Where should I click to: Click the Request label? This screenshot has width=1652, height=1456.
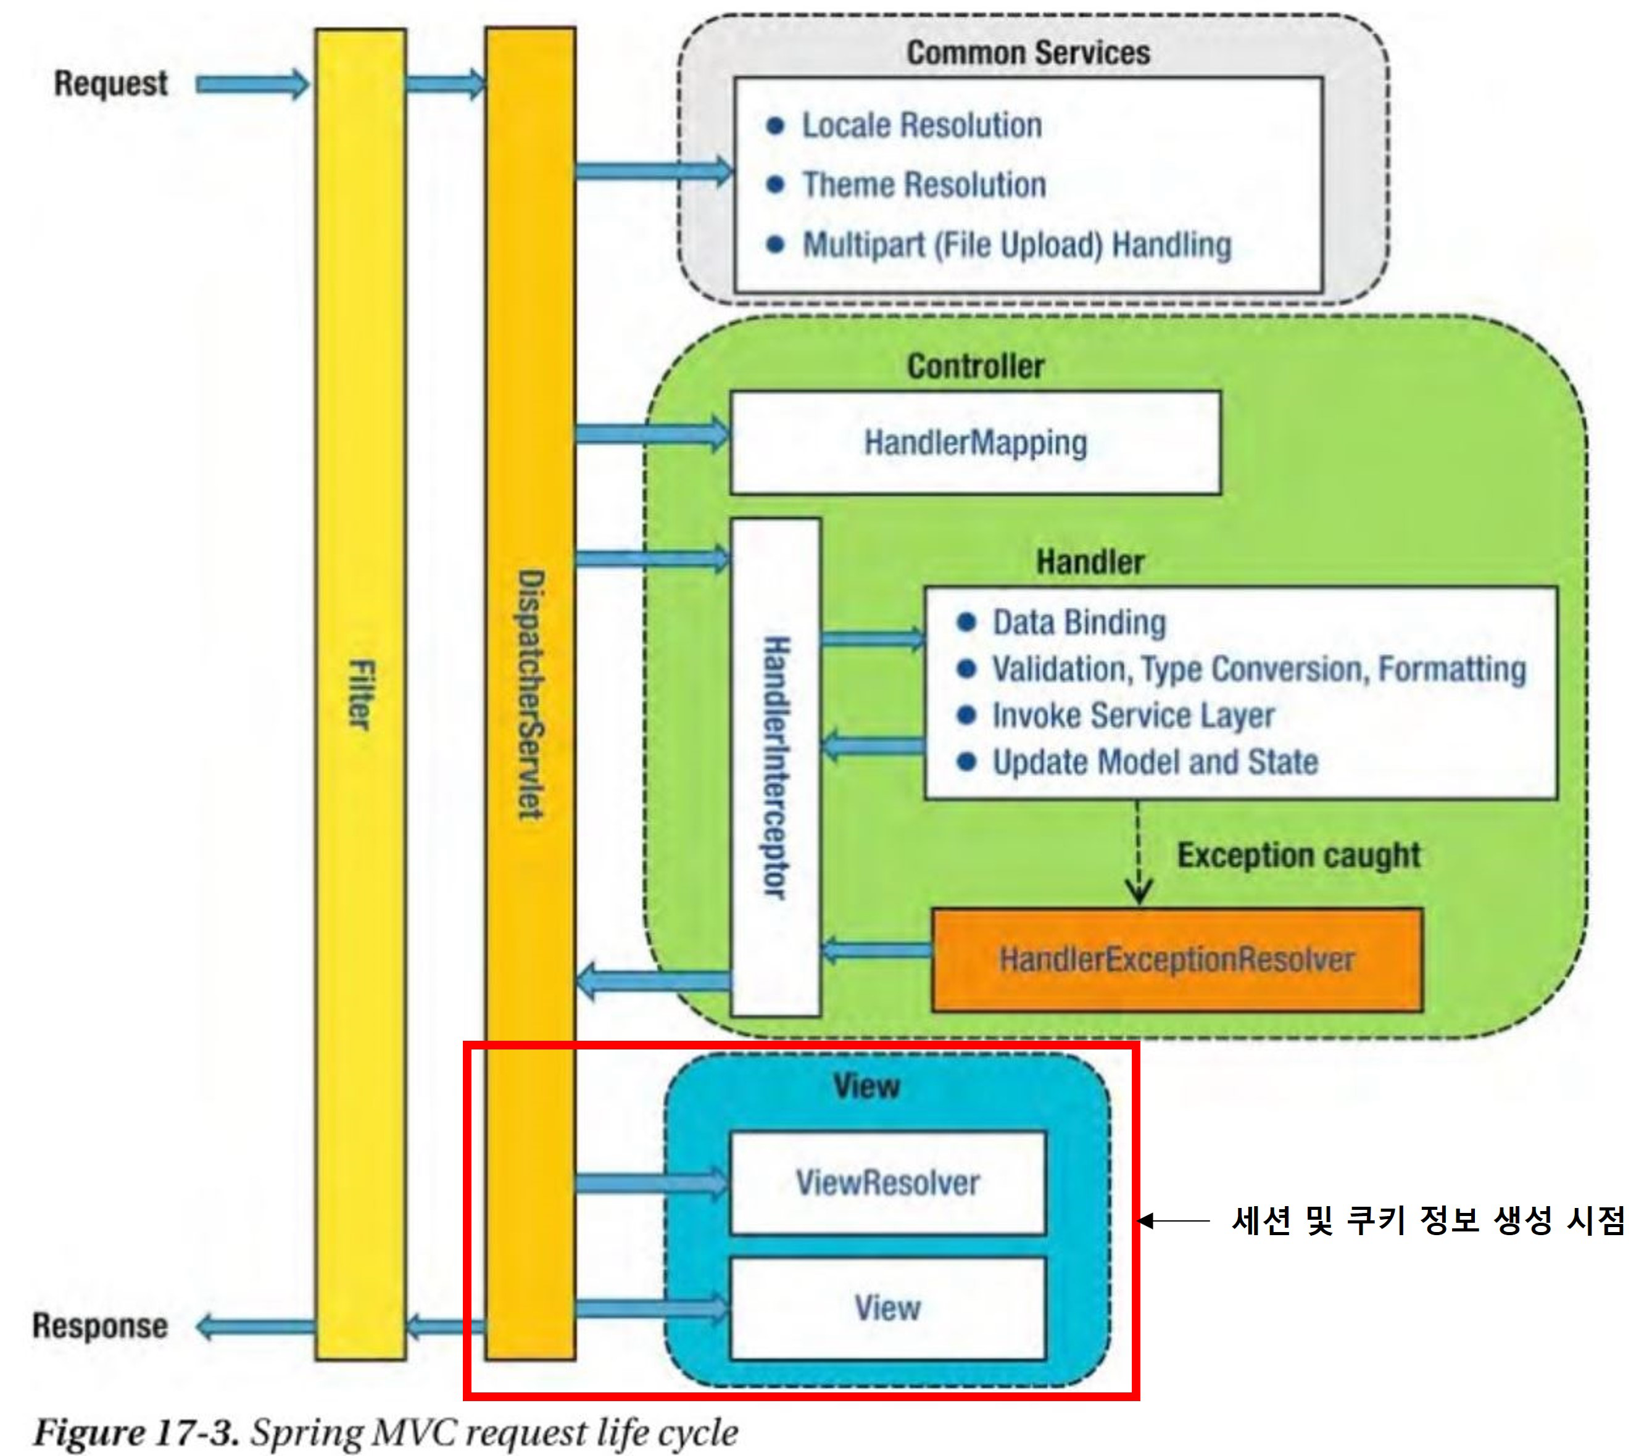point(110,84)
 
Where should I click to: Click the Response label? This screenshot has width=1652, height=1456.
point(100,1326)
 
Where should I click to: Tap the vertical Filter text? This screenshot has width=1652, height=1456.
point(360,695)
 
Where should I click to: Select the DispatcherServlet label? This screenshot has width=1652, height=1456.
point(531,695)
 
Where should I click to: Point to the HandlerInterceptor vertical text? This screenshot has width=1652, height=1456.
point(776,767)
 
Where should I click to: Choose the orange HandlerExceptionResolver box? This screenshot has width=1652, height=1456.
point(1177,960)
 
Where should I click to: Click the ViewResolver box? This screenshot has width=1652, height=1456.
point(887,1183)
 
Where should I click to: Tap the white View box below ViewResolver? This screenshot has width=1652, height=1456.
point(887,1307)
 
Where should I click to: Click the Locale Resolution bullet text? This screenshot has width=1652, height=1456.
point(921,126)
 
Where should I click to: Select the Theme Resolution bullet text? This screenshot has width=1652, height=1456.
point(924,185)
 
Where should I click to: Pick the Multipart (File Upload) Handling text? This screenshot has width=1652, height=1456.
point(1017,245)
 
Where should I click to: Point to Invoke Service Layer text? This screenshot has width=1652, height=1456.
point(1133,716)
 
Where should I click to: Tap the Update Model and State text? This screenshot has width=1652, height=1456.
point(1155,762)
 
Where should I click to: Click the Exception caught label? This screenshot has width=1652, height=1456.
point(1298,855)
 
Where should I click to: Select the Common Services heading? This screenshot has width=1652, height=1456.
point(1028,53)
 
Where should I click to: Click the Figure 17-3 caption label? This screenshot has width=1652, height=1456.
point(136,1433)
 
